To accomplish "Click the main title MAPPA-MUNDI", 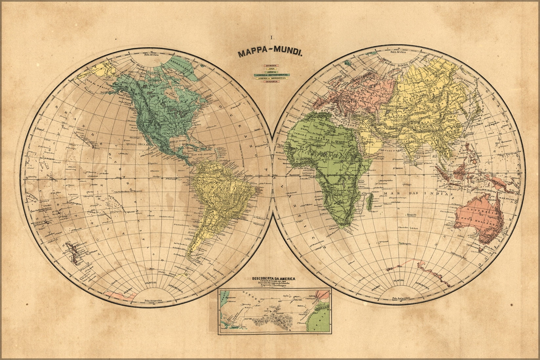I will pyautogui.click(x=270, y=53).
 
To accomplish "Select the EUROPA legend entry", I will pyautogui.click(x=271, y=66).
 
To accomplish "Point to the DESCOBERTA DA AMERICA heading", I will pyautogui.click(x=273, y=279).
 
